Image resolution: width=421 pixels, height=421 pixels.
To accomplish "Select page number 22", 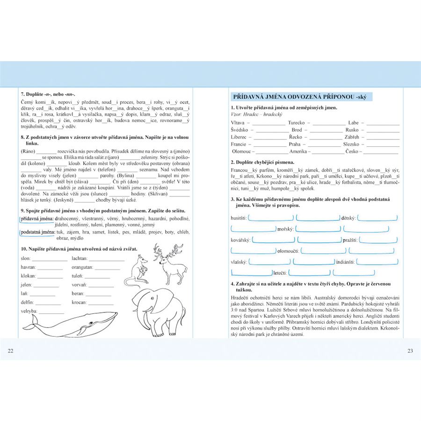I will [11, 350].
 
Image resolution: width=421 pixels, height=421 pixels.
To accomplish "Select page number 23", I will [410, 350].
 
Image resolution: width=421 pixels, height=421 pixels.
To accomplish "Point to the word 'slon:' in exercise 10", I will [27, 258].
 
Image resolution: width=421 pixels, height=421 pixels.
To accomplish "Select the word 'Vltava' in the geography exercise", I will [238, 123].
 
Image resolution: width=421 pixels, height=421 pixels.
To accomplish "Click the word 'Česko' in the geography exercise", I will [352, 152].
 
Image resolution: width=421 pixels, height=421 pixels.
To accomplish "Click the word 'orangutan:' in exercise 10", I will [82, 267].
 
